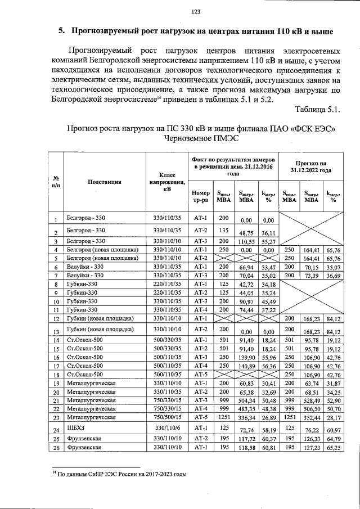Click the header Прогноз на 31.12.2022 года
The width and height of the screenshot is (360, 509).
311,165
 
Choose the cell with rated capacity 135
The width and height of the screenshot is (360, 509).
224,231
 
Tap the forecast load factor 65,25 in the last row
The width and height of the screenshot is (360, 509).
334,448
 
